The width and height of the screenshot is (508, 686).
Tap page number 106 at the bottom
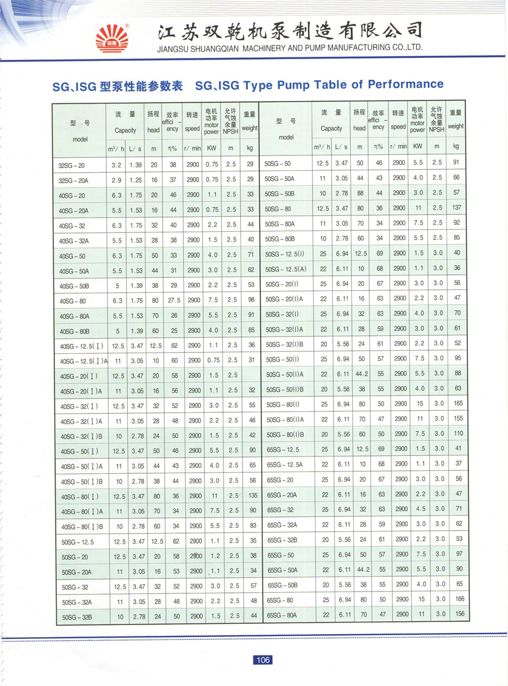coord(262,660)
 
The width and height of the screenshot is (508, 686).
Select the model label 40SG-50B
coord(74,286)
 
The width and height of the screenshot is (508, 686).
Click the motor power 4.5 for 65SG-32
coord(420,509)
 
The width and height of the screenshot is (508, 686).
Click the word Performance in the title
coord(406,84)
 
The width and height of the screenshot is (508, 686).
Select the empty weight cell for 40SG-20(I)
coord(250,375)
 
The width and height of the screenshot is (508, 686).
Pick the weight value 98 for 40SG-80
coord(250,300)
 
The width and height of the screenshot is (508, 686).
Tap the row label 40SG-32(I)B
coord(82,436)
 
